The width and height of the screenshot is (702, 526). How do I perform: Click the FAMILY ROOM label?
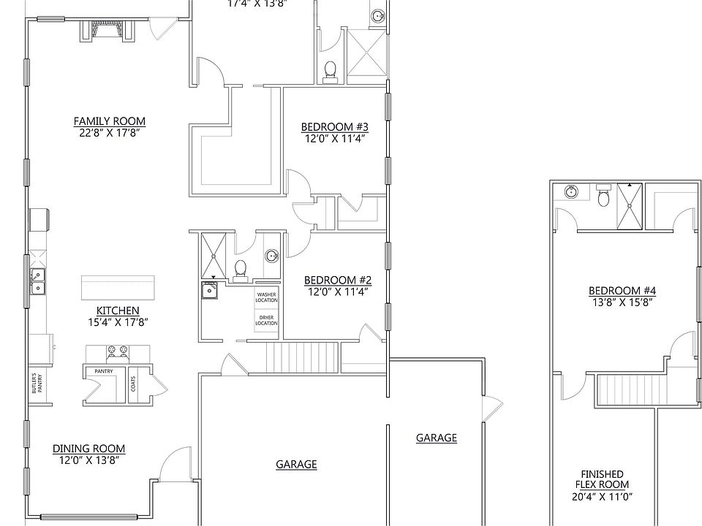coord(109,121)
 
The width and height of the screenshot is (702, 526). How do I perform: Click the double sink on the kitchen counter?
coord(37,281)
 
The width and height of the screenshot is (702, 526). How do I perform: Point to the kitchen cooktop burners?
coord(118,352)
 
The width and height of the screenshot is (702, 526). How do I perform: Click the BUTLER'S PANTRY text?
coord(36,386)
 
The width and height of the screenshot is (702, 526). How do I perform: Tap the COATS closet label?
coord(133,383)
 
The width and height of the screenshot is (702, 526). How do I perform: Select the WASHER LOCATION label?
coord(266,297)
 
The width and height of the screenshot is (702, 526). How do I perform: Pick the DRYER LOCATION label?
coord(266,320)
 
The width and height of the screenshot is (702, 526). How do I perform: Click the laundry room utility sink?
coord(211,290)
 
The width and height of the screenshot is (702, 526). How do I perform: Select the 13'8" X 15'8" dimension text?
coord(622,302)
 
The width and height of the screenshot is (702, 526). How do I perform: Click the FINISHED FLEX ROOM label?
coord(602,479)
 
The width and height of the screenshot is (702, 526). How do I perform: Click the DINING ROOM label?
coord(88,449)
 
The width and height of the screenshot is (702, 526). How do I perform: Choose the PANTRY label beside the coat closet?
coord(102,371)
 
